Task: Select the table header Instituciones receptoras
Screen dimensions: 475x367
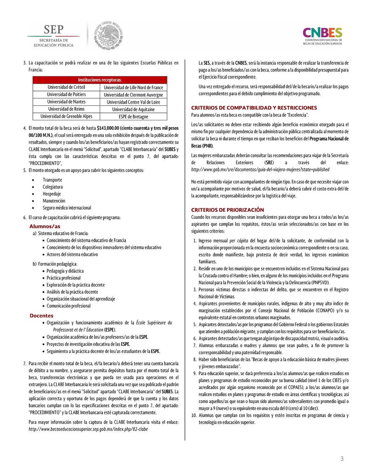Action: (x=99, y=80)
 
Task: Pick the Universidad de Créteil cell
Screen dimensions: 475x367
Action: (x=66, y=87)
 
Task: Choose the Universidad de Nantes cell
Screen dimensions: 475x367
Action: (x=66, y=102)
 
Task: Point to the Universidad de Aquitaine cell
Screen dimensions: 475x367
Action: (x=133, y=109)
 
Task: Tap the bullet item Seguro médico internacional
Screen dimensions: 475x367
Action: (x=67, y=208)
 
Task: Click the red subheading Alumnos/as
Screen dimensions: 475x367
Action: (x=45, y=226)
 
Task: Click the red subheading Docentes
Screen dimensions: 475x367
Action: (x=42, y=315)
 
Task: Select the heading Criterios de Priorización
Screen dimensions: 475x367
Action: (x=227, y=209)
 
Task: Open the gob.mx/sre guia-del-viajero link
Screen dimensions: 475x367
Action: (x=260, y=169)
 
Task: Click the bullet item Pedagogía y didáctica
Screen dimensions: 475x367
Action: (x=65, y=271)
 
